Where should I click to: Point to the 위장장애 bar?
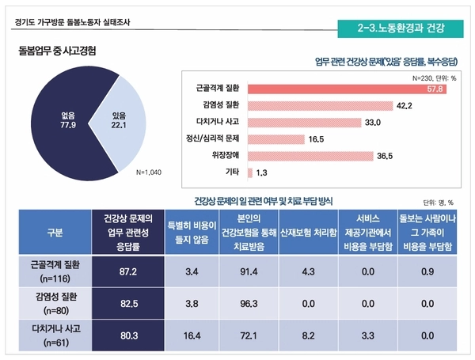click(x=311, y=155)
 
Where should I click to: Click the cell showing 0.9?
click(x=427, y=271)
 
